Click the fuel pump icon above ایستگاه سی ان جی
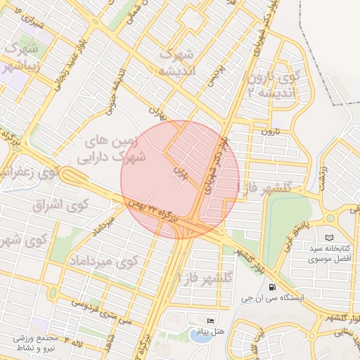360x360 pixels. pyautogui.click(x=271, y=287)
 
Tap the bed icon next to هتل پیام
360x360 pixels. pyautogui.click(x=210, y=321)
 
